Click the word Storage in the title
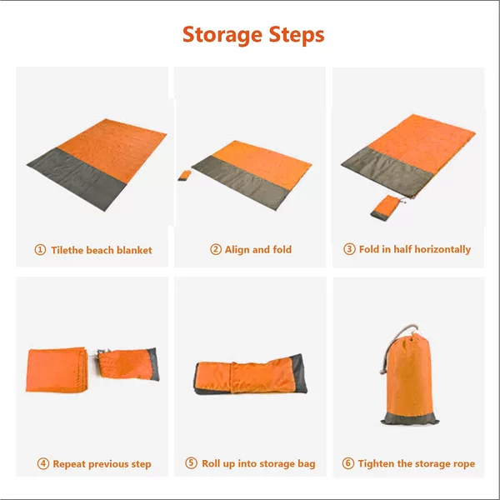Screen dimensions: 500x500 (222, 35)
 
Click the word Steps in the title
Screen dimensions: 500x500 (297, 35)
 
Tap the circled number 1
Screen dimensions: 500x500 (40, 250)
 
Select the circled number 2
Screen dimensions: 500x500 (216, 249)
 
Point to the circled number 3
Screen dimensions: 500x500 (349, 248)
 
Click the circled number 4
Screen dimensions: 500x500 (43, 463)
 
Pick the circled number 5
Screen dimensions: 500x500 (191, 462)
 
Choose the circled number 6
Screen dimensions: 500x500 (347, 463)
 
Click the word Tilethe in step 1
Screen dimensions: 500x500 (65, 250)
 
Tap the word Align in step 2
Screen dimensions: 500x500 (237, 250)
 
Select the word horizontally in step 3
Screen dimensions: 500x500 (447, 249)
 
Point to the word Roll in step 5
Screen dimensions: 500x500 (211, 463)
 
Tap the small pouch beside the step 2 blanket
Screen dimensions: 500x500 (184, 175)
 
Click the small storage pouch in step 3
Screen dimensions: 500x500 (385, 207)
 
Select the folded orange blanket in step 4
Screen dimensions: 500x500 (57, 370)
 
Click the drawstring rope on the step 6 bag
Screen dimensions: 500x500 (395, 346)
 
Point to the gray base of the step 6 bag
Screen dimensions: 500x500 (410, 418)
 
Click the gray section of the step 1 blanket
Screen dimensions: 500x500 (77, 178)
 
